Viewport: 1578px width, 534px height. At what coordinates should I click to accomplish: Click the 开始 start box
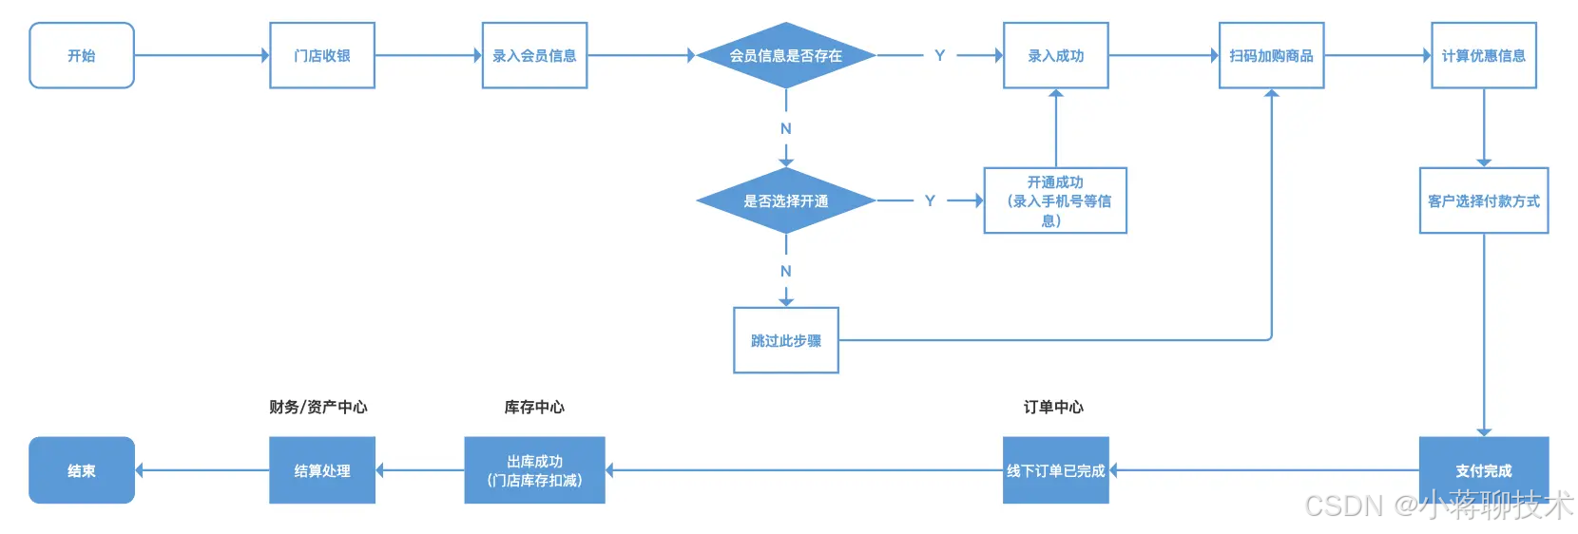click(82, 56)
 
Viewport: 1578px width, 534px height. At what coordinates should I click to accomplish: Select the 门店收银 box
click(322, 56)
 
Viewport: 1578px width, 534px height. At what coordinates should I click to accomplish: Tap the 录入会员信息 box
click(534, 56)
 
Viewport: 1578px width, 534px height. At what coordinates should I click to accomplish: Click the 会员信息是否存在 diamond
click(786, 56)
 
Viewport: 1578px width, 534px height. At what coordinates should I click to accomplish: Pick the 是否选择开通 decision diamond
click(786, 200)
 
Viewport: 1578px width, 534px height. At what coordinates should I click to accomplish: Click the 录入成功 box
click(1056, 56)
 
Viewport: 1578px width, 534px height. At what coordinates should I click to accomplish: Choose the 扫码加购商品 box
click(1272, 56)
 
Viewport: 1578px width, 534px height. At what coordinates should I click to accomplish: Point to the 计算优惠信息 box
click(1484, 56)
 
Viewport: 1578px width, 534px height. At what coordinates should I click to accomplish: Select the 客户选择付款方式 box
click(1484, 200)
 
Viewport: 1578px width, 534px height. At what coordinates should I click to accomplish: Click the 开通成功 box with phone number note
click(1055, 200)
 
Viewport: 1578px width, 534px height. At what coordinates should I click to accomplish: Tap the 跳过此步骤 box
click(786, 340)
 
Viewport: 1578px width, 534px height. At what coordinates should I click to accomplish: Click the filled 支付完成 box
click(1484, 470)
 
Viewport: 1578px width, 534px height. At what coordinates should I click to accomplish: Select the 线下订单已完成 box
click(1056, 470)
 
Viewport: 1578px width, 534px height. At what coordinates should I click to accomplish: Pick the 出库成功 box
click(534, 470)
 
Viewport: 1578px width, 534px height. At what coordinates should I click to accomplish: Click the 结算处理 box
click(322, 470)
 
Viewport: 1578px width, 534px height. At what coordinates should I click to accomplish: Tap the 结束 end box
click(82, 470)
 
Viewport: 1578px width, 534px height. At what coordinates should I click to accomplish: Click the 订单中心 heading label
click(1053, 408)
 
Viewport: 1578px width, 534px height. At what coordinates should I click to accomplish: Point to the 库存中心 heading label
click(534, 408)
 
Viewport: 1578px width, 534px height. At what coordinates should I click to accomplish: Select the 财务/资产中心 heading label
click(318, 408)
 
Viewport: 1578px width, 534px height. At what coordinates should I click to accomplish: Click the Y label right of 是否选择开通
click(930, 200)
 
